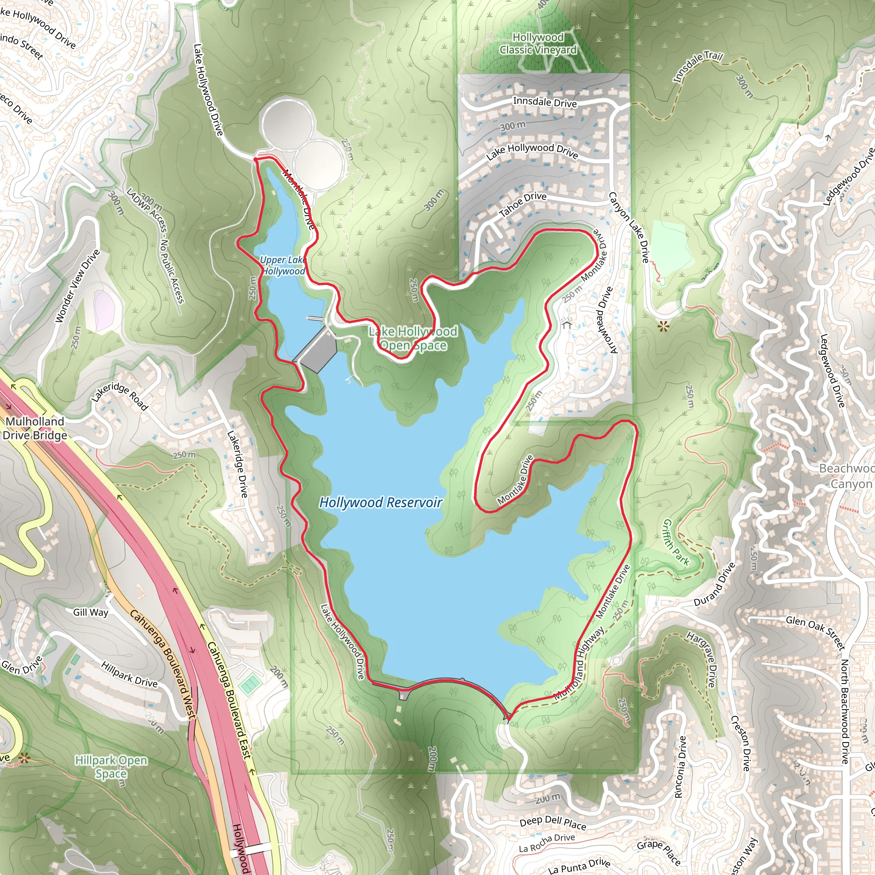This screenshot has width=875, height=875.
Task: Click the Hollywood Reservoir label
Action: pyautogui.click(x=380, y=502)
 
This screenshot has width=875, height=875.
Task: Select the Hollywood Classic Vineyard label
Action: pyautogui.click(x=538, y=44)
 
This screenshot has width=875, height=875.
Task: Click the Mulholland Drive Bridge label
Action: pyautogui.click(x=35, y=428)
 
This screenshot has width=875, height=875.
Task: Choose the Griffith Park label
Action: pyautogui.click(x=676, y=542)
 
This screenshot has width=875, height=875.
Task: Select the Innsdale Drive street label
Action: pyautogui.click(x=545, y=102)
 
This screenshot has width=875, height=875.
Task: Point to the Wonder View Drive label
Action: pyautogui.click(x=77, y=286)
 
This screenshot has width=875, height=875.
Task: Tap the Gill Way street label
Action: pyautogui.click(x=91, y=612)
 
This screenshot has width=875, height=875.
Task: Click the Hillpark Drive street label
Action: pyautogui.click(x=129, y=674)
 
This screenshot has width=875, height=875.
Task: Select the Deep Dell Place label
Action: pyautogui.click(x=552, y=822)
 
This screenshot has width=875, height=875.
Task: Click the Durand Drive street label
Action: pyautogui.click(x=715, y=585)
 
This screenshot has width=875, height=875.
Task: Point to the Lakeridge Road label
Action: pyautogui.click(x=120, y=396)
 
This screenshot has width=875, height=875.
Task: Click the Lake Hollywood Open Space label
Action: pyautogui.click(x=413, y=338)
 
